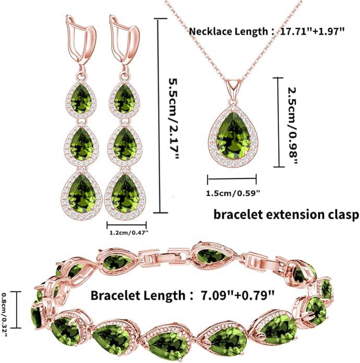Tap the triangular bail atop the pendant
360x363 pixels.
(234, 85)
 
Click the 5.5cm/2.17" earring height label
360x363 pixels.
(174, 119)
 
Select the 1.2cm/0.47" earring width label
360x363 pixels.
(128, 232)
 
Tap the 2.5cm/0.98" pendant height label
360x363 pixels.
(292, 126)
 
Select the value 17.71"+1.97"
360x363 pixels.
(313, 31)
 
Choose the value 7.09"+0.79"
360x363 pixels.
(238, 296)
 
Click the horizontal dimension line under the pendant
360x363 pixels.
(232, 179)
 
